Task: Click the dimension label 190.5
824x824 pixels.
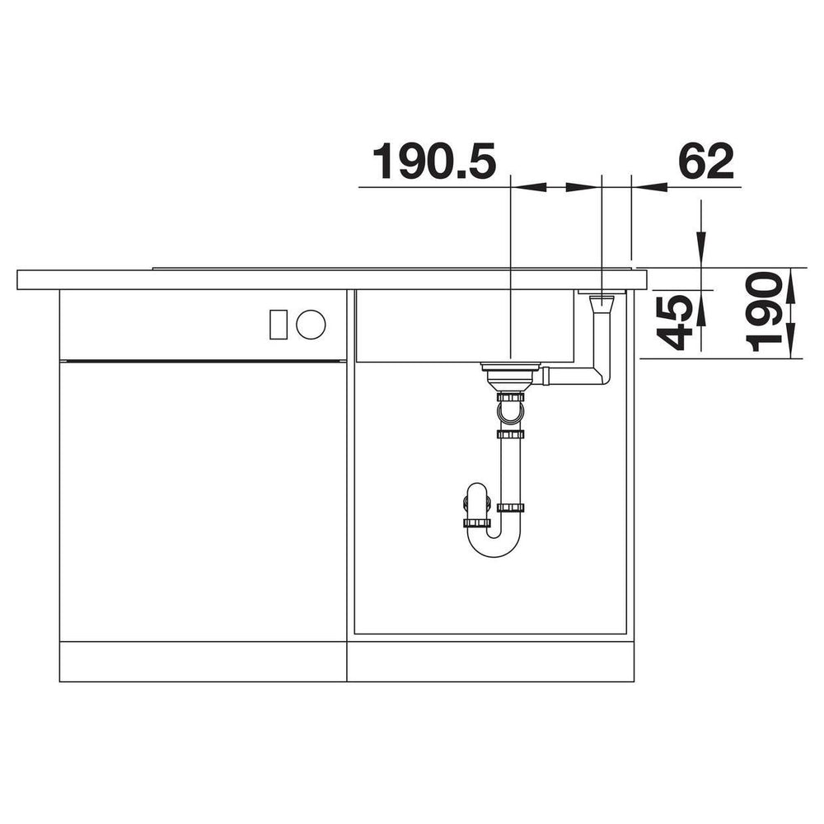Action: click(434, 162)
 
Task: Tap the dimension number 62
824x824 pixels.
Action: click(706, 162)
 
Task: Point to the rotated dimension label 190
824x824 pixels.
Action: click(763, 312)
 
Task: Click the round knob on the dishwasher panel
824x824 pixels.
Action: click(311, 324)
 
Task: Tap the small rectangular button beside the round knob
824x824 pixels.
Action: click(278, 324)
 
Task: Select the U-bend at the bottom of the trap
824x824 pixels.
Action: click(494, 541)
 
